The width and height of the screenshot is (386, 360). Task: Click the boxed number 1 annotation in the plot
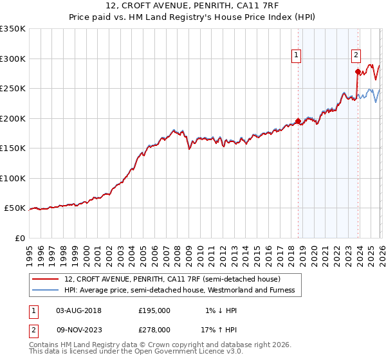pos(296,56)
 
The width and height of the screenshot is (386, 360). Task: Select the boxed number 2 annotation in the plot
pos(356,56)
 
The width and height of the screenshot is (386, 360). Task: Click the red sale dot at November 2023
pos(357,71)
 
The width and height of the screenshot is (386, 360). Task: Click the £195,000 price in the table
pos(154,310)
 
